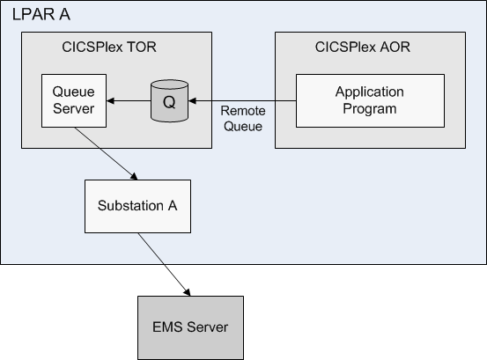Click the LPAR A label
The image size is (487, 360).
[41, 15]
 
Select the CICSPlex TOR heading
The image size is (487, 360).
[109, 48]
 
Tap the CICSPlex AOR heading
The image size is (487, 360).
[363, 48]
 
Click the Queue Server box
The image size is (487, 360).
[74, 100]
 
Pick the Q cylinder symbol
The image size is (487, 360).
[169, 100]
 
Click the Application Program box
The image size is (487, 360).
[370, 100]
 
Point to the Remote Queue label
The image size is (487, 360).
[243, 119]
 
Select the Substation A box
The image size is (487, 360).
[137, 206]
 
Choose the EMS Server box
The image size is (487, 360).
[190, 327]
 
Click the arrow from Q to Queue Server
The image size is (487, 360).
[129, 100]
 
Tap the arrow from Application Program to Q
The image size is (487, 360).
[242, 100]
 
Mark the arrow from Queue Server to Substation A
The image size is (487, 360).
[106, 153]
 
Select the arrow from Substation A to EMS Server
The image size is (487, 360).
[164, 264]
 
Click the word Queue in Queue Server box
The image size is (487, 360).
[74, 92]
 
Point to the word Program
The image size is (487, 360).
[370, 109]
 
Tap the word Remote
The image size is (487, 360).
[243, 111]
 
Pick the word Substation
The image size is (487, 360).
[130, 205]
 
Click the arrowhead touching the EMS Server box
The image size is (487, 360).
[187, 292]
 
